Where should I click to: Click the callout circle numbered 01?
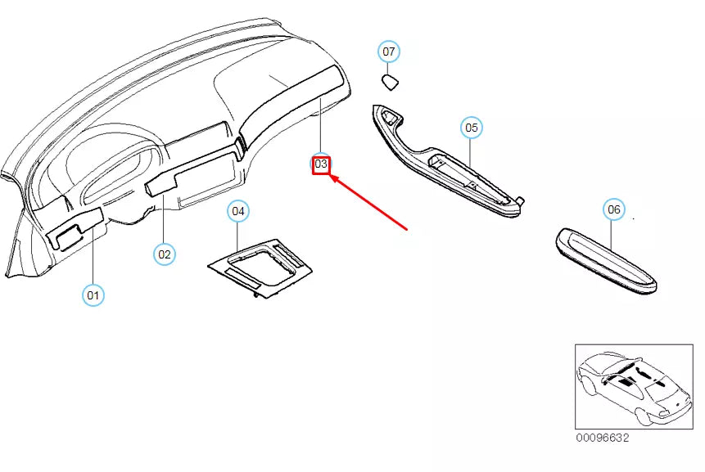coord(93,294)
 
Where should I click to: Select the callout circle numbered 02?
coord(165,254)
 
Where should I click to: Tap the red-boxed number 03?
coord(321,164)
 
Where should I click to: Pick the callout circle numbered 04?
coord(237,211)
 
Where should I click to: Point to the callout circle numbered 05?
coord(471,128)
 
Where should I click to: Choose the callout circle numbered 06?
coord(613,209)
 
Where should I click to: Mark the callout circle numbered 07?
coord(389,52)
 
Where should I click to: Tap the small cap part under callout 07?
coord(391,81)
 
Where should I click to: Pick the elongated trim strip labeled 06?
coord(607,260)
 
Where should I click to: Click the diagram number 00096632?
coord(602,438)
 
